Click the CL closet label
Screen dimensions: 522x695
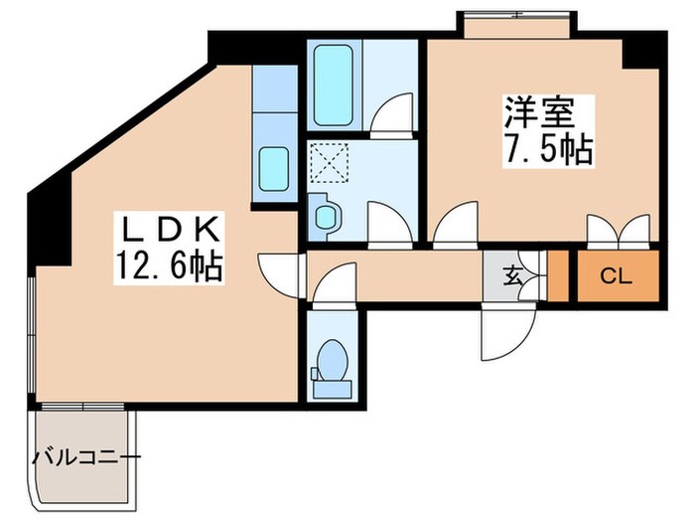(x=617, y=277)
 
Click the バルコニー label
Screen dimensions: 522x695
(x=86, y=458)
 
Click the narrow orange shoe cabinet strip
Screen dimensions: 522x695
(x=558, y=277)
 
